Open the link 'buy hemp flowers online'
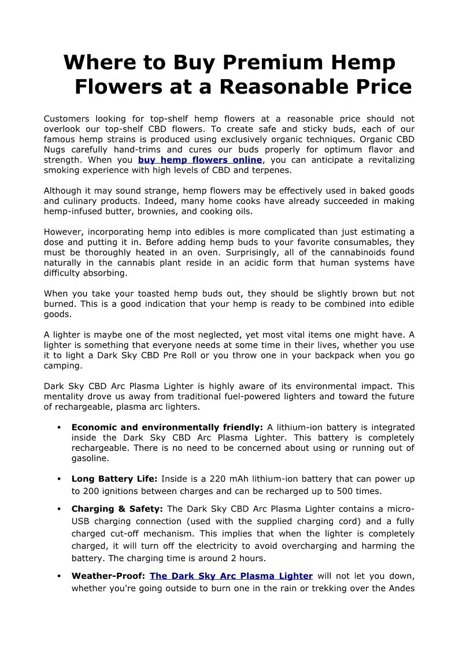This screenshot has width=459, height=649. (x=200, y=160)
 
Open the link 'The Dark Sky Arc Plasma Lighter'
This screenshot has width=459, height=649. (x=231, y=576)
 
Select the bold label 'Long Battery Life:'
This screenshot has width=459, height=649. (x=114, y=479)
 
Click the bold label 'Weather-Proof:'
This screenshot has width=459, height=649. (x=108, y=576)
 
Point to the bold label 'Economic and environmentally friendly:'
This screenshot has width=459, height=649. (x=167, y=428)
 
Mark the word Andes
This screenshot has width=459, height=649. (x=402, y=589)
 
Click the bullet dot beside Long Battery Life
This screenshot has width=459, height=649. (x=60, y=479)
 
